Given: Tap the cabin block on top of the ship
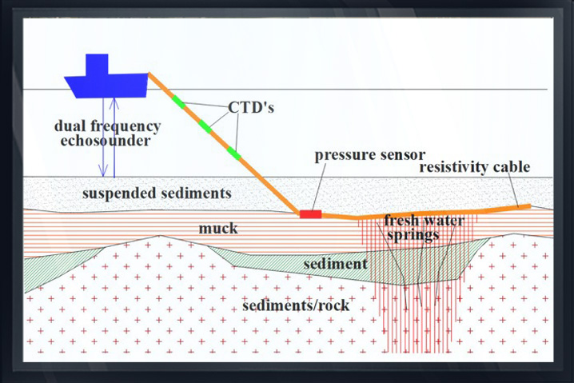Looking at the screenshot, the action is coord(97,65).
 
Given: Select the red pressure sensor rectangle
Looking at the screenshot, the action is coord(311,214).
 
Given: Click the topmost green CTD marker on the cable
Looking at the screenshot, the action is coord(178,102).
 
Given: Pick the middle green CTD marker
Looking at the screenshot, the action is coord(205,126).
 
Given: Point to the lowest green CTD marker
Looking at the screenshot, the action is coord(234,153).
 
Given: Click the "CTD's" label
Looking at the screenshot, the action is coord(251,107).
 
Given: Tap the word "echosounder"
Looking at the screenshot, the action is coord(106,141).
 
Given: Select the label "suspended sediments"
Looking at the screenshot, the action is coord(157,193).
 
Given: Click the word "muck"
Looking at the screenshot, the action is coord(218,229).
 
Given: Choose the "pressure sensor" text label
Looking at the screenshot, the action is coord(369,155).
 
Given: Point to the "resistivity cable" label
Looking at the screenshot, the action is coord(474,167).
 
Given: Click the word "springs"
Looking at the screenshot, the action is coord(413,235).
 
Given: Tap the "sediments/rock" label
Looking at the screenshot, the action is coord(296,305).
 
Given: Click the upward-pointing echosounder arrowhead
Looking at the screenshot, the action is coord(114,104).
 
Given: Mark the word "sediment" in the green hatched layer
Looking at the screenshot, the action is coord(335,264).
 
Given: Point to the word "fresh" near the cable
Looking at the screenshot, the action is coord(401,221).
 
